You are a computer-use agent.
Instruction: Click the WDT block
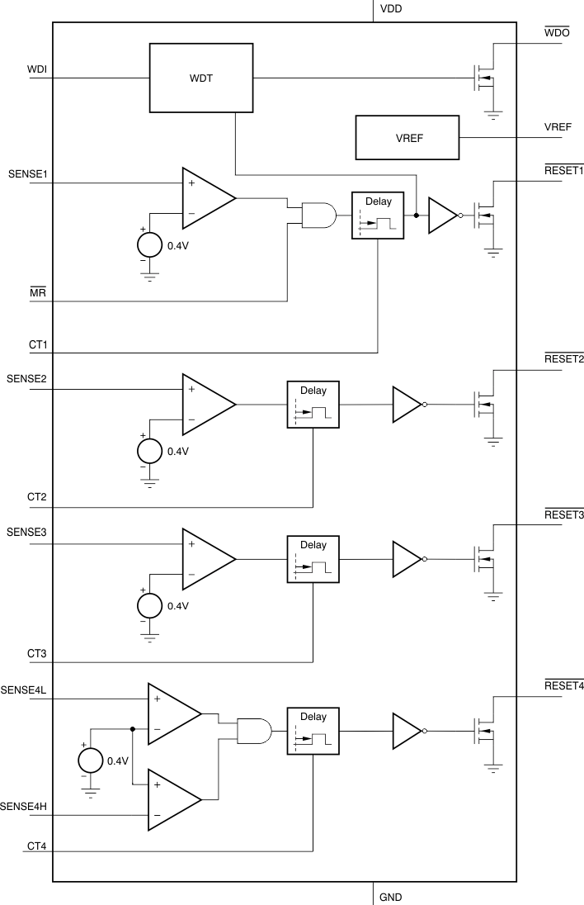coord(200,78)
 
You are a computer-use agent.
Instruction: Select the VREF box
coord(407,137)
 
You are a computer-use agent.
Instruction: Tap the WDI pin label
coord(37,69)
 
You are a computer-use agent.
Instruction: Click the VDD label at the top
coord(391,10)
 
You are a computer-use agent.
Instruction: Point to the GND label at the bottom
coord(390,896)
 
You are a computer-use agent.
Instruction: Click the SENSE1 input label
coord(26,175)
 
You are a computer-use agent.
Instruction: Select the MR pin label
coord(38,291)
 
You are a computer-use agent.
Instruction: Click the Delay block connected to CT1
coord(378,216)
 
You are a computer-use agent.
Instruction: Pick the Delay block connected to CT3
coord(313,559)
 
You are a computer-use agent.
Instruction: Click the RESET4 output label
coord(564,687)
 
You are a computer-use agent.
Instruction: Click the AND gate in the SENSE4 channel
coord(254,731)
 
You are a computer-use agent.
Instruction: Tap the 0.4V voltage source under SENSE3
coord(150,604)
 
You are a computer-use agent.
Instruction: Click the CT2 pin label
coord(37,498)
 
